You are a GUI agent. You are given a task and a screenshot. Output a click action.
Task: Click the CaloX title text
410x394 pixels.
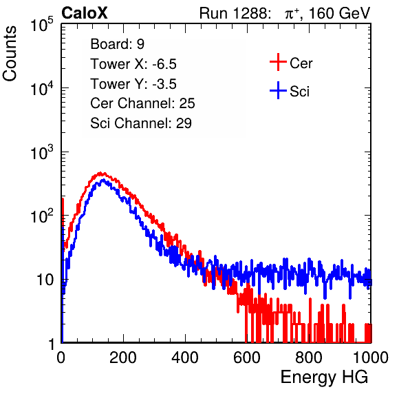tap(84, 13)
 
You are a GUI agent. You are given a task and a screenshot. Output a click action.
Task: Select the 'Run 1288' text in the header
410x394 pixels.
tap(235, 13)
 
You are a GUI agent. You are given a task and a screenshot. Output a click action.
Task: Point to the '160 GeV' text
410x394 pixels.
tap(339, 13)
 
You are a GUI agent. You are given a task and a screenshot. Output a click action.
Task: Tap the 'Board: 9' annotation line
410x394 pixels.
tap(117, 44)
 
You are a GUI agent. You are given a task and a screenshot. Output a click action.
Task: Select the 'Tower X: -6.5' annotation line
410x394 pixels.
tap(133, 64)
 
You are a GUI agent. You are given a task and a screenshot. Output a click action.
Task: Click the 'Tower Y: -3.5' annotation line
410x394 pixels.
tap(133, 84)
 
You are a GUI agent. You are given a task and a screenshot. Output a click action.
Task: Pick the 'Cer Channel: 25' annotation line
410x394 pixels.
tap(142, 103)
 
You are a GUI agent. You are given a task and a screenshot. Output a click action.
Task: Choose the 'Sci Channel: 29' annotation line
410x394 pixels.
tap(141, 123)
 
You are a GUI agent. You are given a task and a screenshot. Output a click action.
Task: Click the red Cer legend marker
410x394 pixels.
tap(278, 62)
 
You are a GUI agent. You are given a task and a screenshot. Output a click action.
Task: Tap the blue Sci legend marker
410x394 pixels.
tap(278, 90)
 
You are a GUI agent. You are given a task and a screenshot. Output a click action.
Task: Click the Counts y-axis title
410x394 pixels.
tap(10, 53)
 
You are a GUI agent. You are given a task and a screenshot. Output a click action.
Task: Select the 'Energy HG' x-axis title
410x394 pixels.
tap(324, 377)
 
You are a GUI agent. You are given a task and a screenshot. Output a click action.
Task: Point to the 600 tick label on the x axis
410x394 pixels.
tap(247, 357)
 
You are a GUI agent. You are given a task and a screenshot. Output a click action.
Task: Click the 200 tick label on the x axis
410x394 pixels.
tap(123, 357)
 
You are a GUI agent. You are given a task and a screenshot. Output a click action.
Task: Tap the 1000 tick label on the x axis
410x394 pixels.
tap(371, 357)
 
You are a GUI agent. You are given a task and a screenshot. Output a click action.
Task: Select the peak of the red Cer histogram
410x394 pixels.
tap(100, 173)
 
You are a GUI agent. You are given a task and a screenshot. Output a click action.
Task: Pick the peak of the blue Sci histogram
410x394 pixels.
tap(103, 180)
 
